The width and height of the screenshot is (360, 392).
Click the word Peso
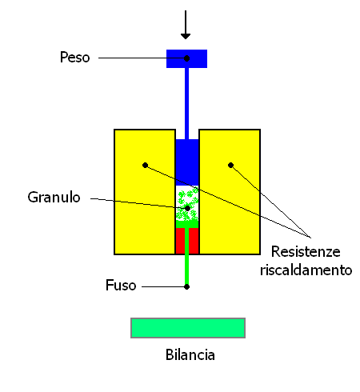(x=74, y=58)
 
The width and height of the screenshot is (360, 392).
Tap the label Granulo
(x=54, y=198)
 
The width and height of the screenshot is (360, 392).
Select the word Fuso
(x=121, y=285)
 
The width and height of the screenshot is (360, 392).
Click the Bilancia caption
(x=190, y=354)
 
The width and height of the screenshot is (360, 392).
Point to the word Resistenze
(x=306, y=251)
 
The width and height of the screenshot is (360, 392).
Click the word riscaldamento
(x=306, y=270)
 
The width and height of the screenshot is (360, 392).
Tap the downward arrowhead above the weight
(x=186, y=36)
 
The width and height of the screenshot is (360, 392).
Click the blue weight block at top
(x=186, y=58)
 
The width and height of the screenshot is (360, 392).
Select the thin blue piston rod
(x=186, y=103)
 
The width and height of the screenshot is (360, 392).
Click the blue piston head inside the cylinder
(x=187, y=162)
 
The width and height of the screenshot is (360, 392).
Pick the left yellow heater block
(x=145, y=192)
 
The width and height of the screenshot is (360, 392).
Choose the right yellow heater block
(x=230, y=192)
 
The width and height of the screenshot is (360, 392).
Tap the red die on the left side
(x=180, y=241)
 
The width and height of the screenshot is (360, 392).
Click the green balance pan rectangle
(x=188, y=328)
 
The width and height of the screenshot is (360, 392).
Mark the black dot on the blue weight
(x=187, y=58)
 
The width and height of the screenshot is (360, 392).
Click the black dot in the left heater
(x=145, y=166)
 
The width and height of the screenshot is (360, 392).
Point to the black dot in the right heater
(x=230, y=166)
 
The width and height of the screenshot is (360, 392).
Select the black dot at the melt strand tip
(x=186, y=287)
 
